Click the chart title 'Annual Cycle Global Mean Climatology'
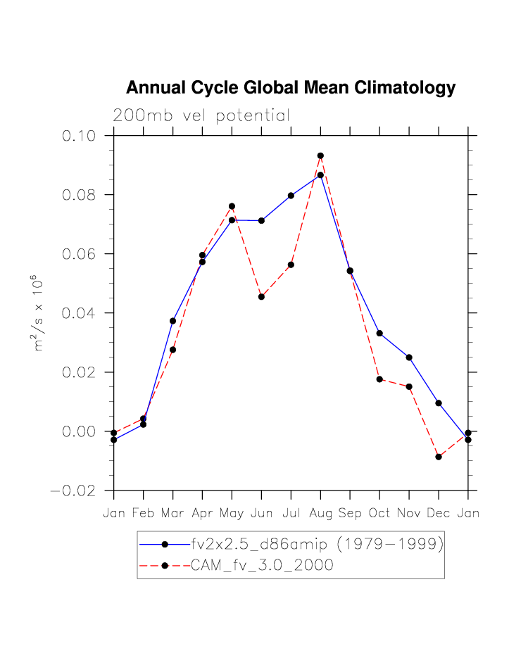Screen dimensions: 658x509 (291, 88)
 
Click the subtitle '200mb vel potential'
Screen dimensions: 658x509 (201, 116)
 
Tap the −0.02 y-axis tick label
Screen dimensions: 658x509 (77, 491)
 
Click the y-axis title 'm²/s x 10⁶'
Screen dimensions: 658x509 (39, 313)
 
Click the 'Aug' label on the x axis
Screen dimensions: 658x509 (320, 514)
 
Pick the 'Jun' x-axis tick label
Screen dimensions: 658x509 (261, 514)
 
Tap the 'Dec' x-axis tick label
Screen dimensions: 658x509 (439, 514)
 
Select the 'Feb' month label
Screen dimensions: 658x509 (143, 514)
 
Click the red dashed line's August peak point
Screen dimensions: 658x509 (320, 156)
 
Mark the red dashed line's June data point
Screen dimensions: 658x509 (261, 297)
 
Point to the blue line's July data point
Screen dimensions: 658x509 (291, 196)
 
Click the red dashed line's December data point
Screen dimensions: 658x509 (439, 457)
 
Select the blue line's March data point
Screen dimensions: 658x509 (172, 321)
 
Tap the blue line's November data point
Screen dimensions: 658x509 (409, 358)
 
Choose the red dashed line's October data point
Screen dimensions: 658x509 (379, 379)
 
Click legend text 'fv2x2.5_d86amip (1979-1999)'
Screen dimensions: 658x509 (317, 544)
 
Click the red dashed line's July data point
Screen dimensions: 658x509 (291, 265)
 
